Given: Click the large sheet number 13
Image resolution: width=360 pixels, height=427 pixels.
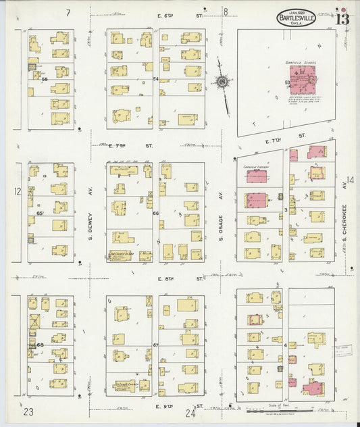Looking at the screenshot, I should [341, 18].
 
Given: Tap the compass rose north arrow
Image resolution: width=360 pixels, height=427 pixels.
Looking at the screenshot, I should [221, 82].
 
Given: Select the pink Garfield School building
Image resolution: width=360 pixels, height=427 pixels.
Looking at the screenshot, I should [303, 84].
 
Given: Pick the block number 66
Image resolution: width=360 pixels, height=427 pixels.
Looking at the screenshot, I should [155, 214].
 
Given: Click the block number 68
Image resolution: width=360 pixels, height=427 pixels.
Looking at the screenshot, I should [40, 345].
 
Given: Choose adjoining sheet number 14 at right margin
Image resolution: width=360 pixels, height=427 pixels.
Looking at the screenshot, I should [350, 180].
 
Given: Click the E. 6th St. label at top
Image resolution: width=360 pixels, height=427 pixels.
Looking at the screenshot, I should [181, 12].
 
